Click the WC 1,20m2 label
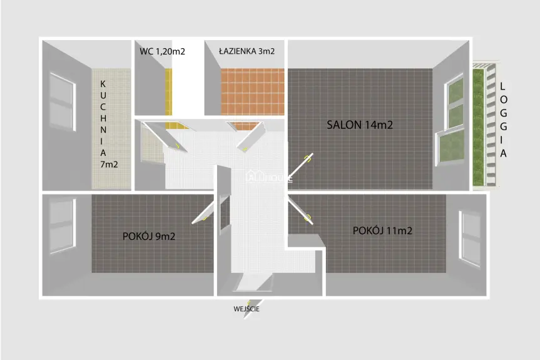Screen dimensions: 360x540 [x=162, y=52]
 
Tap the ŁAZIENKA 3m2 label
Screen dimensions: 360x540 [x=247, y=51]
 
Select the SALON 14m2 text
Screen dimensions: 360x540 [x=360, y=125]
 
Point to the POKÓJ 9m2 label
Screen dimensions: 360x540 [x=148, y=237]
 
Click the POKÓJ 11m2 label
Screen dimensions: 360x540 [x=382, y=230]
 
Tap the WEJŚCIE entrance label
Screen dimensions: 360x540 [x=247, y=309]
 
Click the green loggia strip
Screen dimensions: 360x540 [x=480, y=125]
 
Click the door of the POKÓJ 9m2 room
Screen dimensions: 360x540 [x=204, y=212]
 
